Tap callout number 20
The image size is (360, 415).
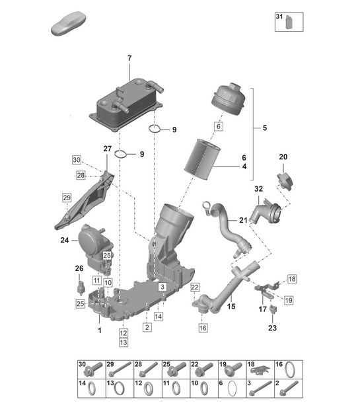[283, 157]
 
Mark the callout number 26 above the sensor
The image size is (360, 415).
[79, 268]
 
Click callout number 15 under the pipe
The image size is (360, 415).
[231, 307]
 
